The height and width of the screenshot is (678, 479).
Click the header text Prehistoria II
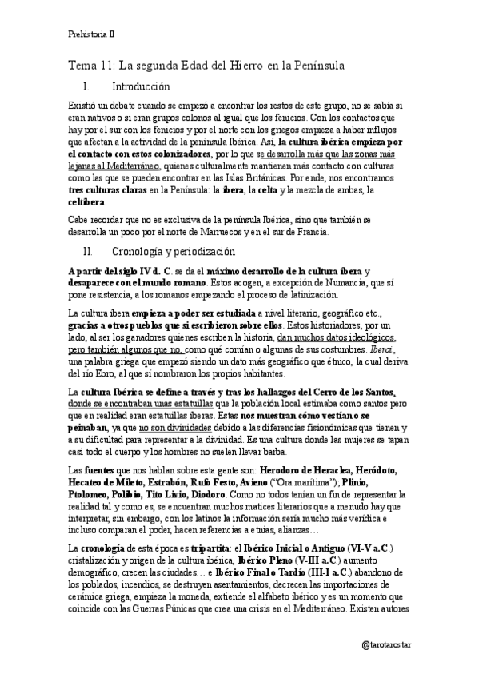coord(91,34)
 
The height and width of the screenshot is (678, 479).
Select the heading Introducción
coord(142,86)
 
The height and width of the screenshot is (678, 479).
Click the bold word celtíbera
coord(86,202)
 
